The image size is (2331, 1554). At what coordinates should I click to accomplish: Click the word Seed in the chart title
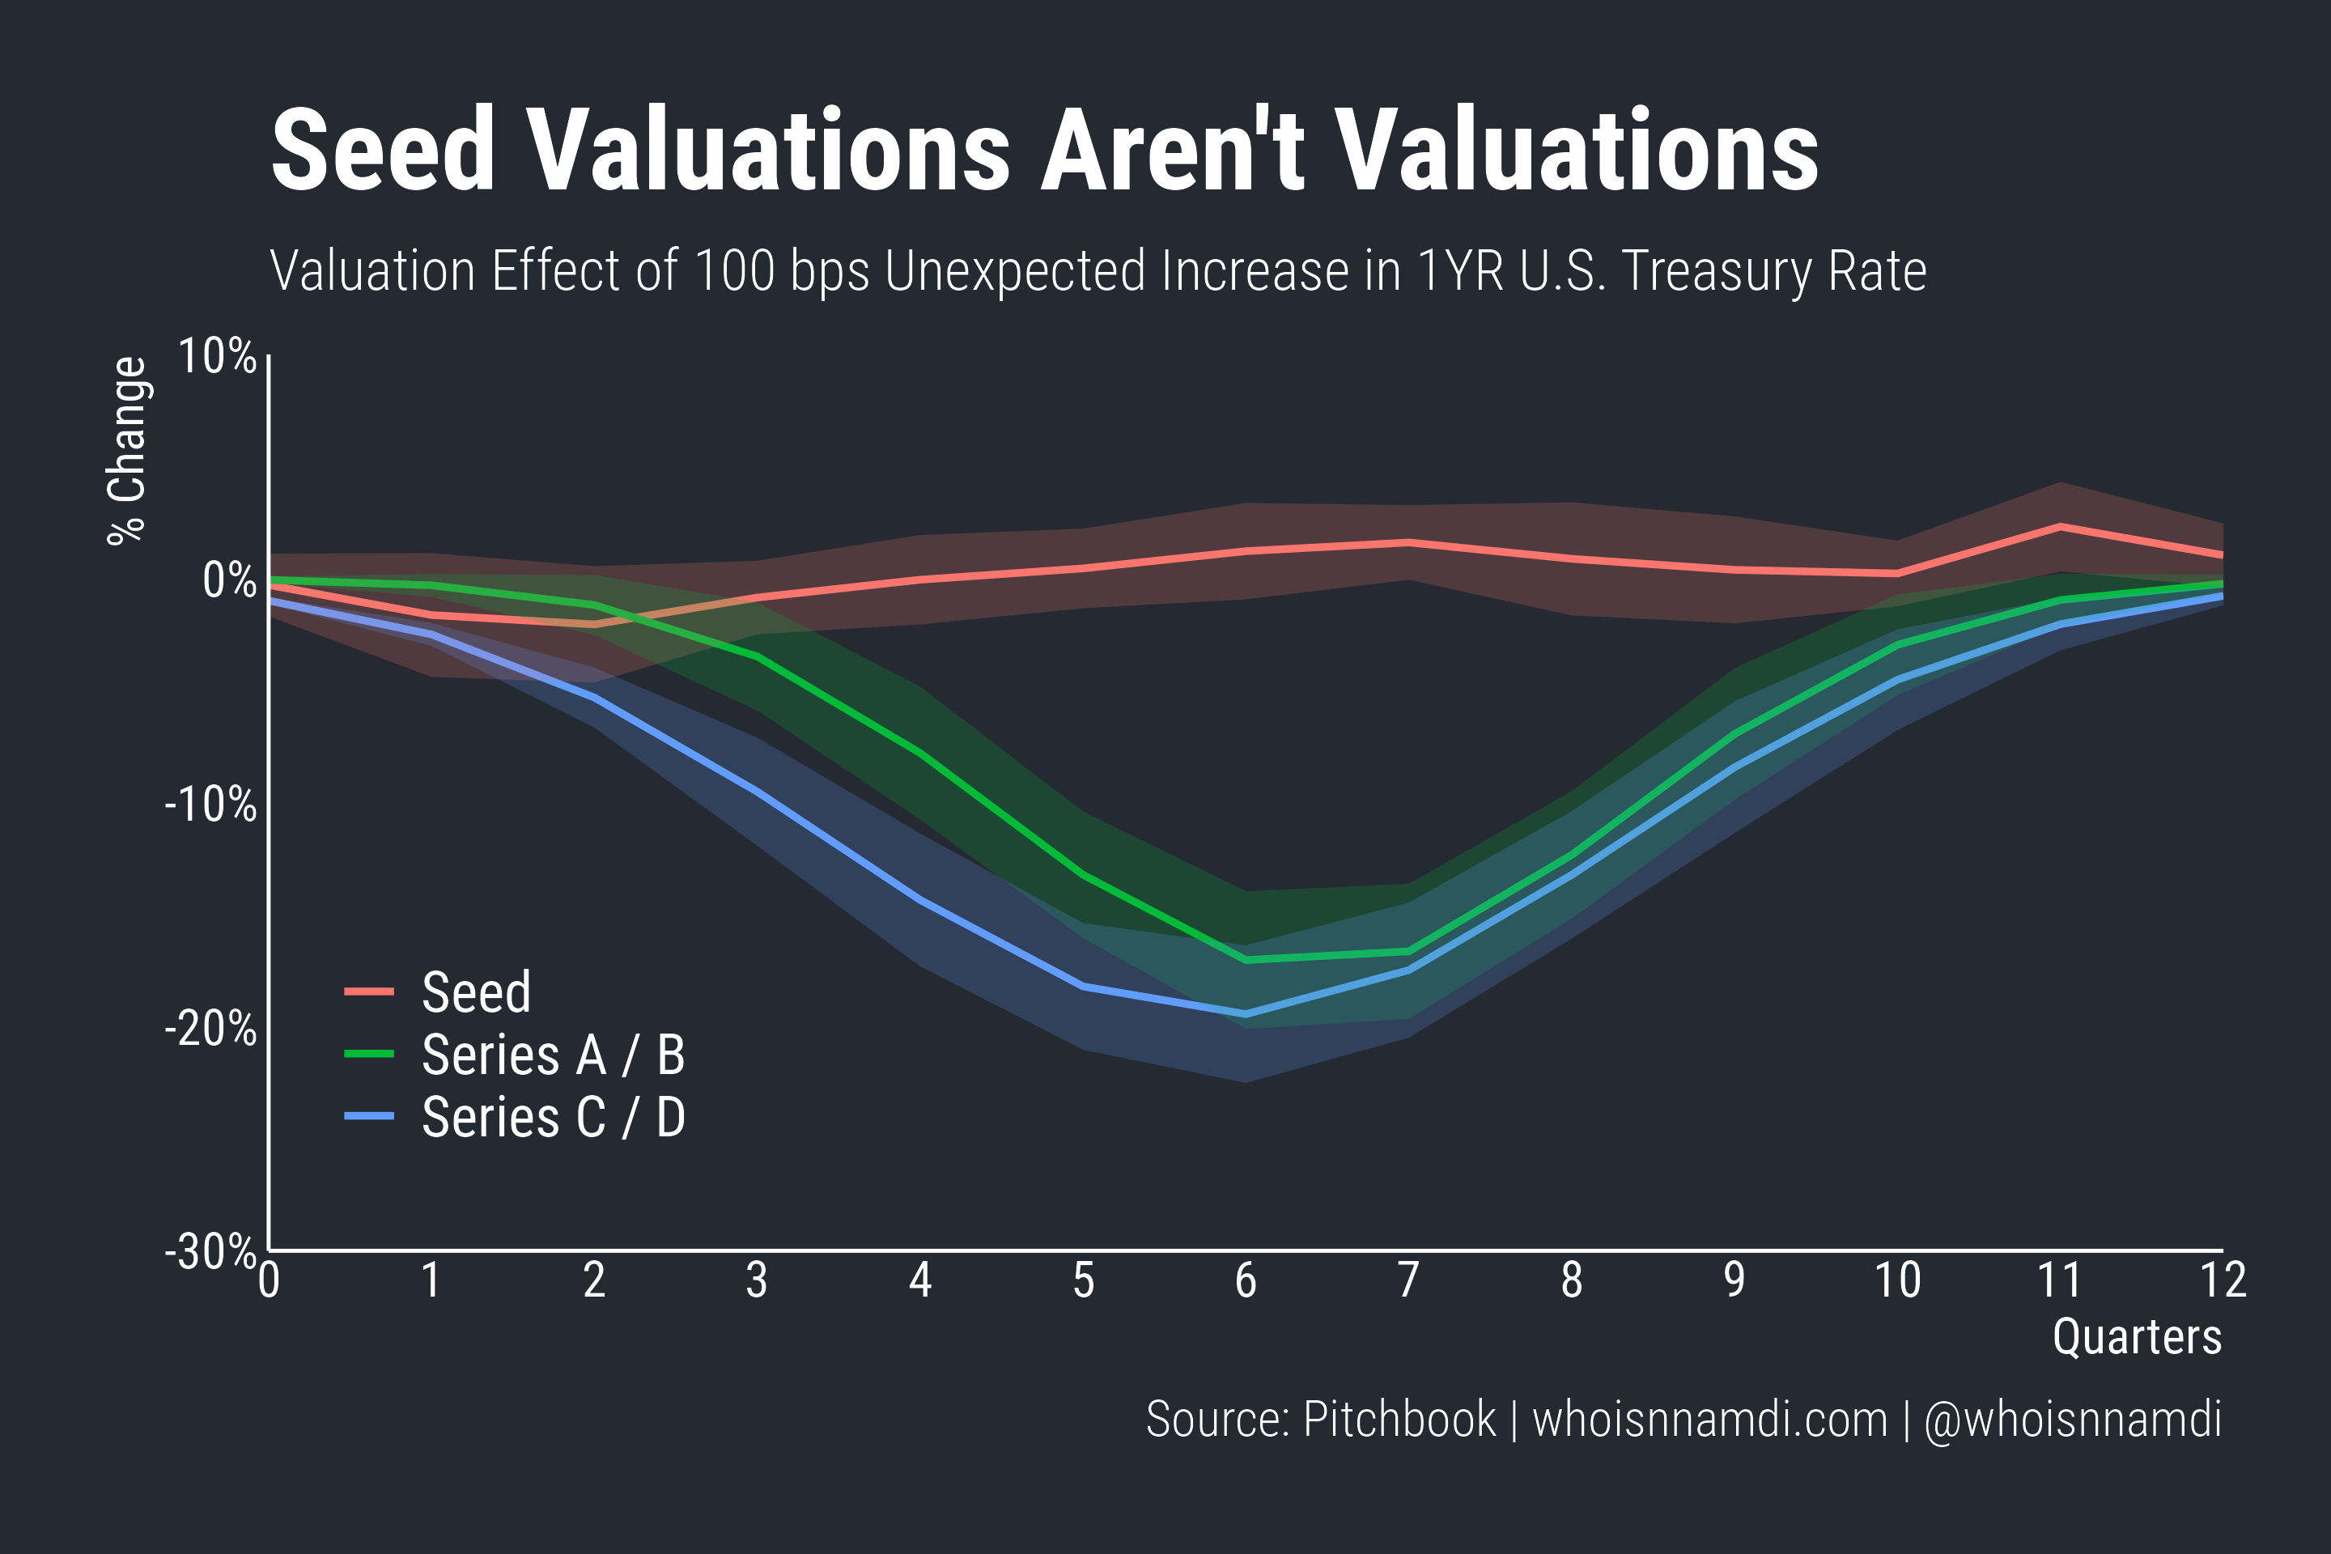click(383, 151)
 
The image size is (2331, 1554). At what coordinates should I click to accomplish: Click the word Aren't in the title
click(1173, 151)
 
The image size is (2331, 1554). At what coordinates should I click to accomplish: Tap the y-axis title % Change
click(127, 451)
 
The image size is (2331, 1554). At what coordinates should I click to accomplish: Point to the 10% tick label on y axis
click(217, 356)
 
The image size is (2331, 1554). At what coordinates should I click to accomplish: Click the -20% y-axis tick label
click(210, 1029)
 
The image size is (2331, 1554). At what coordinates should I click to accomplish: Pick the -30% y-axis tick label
click(210, 1252)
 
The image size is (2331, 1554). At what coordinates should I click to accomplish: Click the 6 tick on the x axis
click(1246, 1280)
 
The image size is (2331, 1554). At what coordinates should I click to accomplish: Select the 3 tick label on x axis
click(758, 1280)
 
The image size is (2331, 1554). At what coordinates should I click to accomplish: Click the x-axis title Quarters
click(2137, 1337)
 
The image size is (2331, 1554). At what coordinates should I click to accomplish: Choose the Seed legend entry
click(476, 992)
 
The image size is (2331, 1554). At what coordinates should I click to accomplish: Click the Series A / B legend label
click(553, 1055)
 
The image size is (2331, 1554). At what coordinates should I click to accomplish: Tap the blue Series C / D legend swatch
click(369, 1117)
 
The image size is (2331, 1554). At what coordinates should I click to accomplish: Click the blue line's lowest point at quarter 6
click(1246, 1014)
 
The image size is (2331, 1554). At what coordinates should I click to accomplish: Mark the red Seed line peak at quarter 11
click(2061, 526)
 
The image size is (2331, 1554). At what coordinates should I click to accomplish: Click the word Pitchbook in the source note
click(1399, 1419)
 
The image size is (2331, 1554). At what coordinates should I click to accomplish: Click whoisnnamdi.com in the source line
click(1709, 1419)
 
